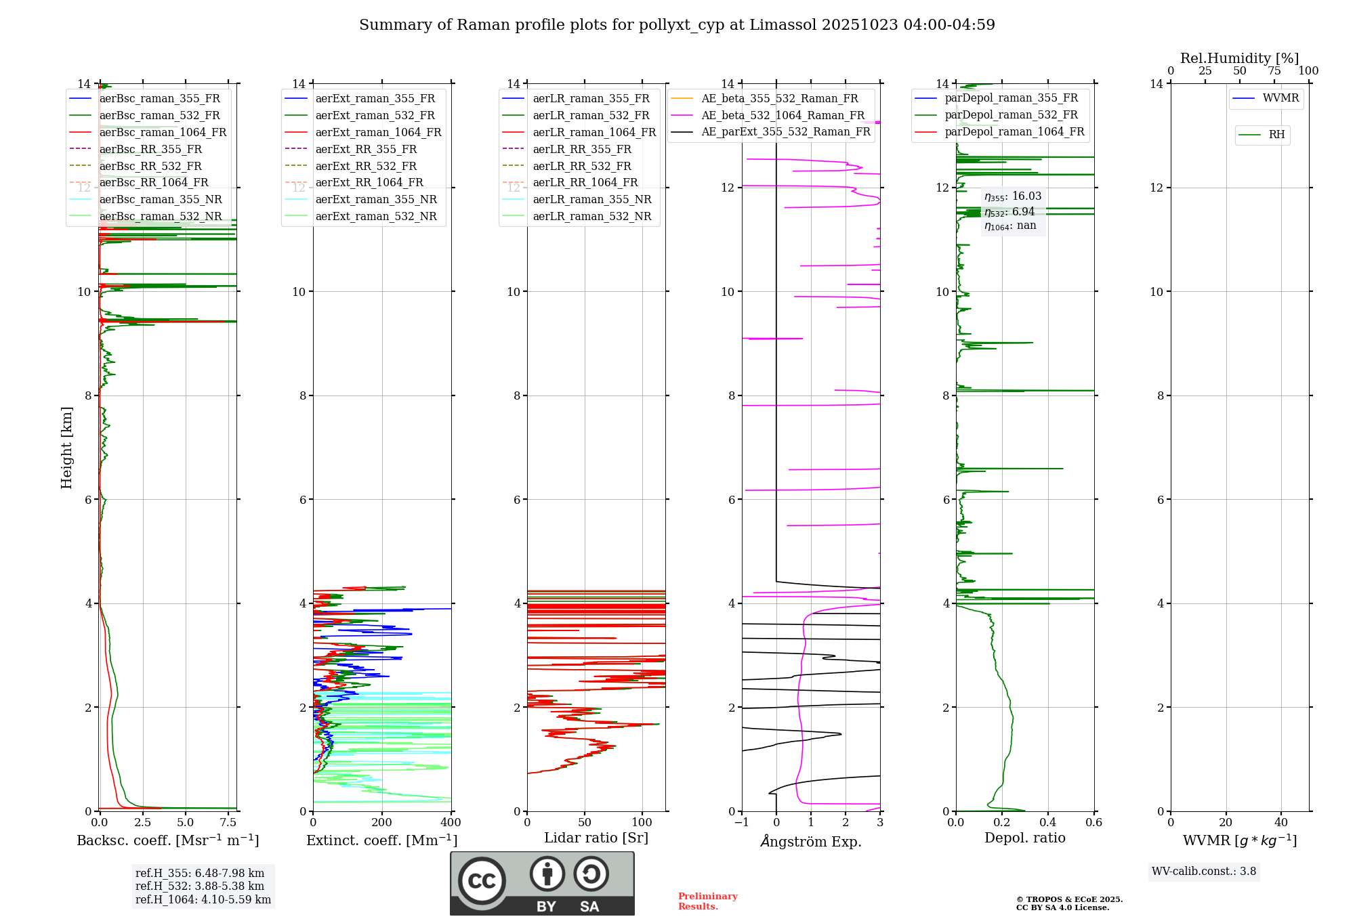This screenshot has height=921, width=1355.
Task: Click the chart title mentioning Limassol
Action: pyautogui.click(x=677, y=25)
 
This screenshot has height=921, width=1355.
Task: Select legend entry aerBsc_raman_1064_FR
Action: pyautogui.click(x=163, y=132)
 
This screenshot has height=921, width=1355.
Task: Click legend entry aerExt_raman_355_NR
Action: pyautogui.click(x=376, y=199)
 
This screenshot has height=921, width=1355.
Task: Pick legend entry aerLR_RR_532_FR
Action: pyautogui.click(x=581, y=166)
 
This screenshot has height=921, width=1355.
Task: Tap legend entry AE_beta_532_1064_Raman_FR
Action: pyautogui.click(x=783, y=115)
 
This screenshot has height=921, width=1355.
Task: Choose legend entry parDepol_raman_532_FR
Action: pyautogui.click(x=1011, y=115)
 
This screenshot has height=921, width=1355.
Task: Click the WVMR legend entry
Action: pyautogui.click(x=1280, y=98)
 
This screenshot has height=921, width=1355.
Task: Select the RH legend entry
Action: pyautogui.click(x=1276, y=135)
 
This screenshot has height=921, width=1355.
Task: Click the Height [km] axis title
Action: pyautogui.click(x=66, y=448)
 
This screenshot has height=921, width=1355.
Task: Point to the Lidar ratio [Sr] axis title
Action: pyautogui.click(x=596, y=838)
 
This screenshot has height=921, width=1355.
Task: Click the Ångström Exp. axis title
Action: pyautogui.click(x=811, y=841)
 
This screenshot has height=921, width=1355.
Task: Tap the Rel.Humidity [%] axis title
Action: pyautogui.click(x=1239, y=58)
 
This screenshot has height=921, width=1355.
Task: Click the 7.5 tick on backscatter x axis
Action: pyautogui.click(x=228, y=823)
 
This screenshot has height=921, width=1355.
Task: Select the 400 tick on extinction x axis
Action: pyautogui.click(x=451, y=823)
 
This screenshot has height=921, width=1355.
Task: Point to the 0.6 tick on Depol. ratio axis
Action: pyautogui.click(x=1093, y=823)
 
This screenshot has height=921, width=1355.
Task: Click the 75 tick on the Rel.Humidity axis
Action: pyautogui.click(x=1274, y=71)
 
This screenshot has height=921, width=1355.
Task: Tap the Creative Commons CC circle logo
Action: pyautogui.click(x=482, y=880)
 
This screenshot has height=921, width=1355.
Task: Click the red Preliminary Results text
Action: pyautogui.click(x=707, y=901)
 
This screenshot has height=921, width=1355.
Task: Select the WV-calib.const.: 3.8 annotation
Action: pyautogui.click(x=1204, y=872)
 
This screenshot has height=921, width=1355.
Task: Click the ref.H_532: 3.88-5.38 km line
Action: pyautogui.click(x=200, y=886)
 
